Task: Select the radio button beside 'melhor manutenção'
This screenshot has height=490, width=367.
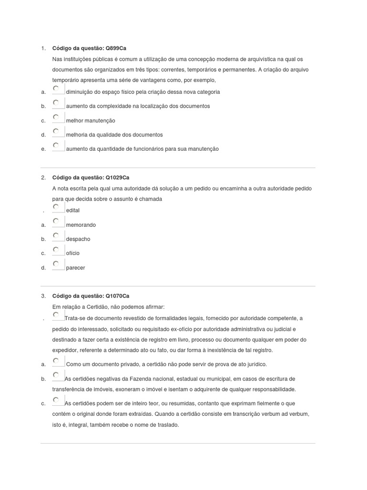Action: (56, 117)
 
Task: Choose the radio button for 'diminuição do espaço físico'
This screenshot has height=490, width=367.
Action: (56, 89)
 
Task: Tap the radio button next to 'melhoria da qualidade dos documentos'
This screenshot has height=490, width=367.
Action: (56, 131)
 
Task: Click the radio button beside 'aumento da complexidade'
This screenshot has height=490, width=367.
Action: (56, 103)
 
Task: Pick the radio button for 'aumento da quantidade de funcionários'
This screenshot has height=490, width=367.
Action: (56, 145)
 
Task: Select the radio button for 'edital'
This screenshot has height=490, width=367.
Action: (56, 207)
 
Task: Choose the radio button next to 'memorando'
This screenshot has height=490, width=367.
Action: (56, 221)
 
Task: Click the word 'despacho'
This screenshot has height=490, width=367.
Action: (78, 239)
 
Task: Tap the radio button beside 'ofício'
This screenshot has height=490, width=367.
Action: (56, 250)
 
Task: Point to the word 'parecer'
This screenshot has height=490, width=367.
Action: (76, 268)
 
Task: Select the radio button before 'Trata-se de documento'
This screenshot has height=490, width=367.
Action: (56, 315)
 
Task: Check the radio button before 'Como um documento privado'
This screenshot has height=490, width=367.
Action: (56, 361)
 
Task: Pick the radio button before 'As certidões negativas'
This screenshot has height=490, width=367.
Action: (56, 375)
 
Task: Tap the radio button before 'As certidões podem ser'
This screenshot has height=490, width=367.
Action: (56, 400)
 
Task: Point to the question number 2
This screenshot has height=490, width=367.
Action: (43, 178)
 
